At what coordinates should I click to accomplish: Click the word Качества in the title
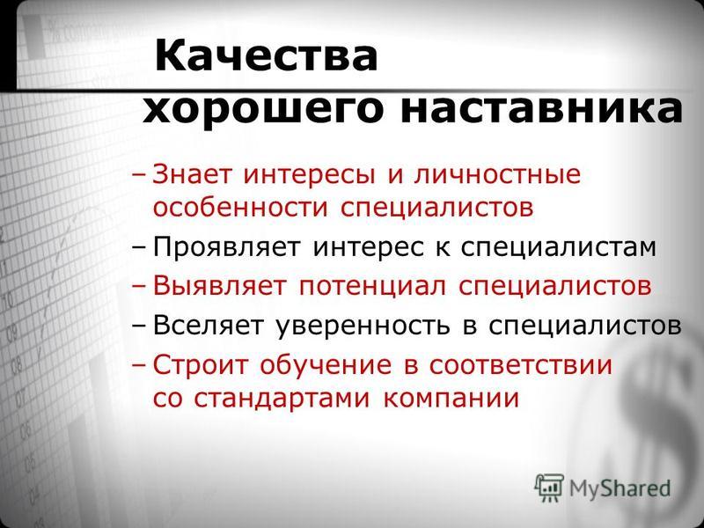(266, 55)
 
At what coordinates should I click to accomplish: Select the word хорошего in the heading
(263, 110)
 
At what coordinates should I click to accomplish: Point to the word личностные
(497, 174)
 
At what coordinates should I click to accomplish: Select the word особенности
(240, 208)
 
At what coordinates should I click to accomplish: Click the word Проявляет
(226, 247)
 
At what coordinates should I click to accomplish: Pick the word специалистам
(559, 248)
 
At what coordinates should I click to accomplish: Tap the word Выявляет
(219, 285)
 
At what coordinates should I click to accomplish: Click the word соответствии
(520, 365)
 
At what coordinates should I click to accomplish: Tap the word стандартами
(282, 399)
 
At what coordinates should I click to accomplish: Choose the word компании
(451, 399)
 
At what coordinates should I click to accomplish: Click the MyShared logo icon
(548, 488)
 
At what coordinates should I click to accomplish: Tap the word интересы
(310, 174)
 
